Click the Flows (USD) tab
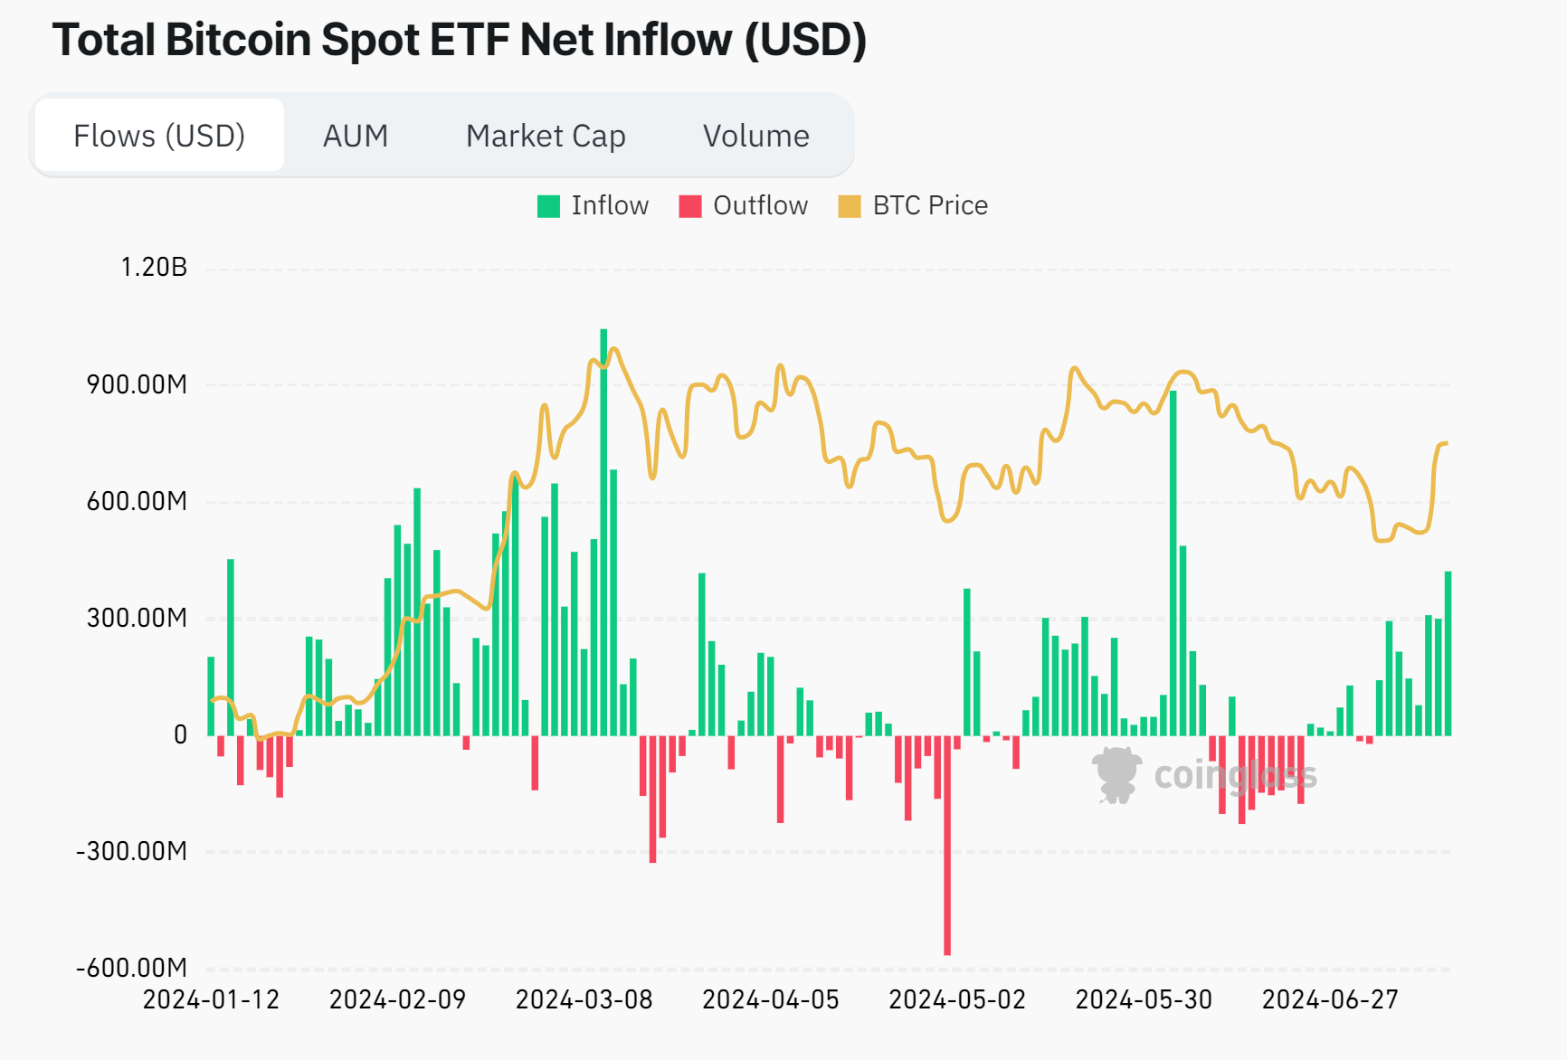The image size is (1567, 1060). click(x=159, y=136)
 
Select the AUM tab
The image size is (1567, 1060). click(x=356, y=136)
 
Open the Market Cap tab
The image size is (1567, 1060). click(x=546, y=136)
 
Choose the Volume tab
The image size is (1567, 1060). click(x=756, y=136)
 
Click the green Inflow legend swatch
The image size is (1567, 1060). click(x=548, y=206)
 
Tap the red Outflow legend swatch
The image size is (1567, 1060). click(x=690, y=206)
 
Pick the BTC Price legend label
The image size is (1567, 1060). click(x=930, y=206)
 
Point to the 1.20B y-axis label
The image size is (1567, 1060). click(x=154, y=267)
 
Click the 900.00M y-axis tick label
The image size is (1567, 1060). click(x=137, y=384)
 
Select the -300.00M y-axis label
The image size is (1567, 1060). click(x=132, y=851)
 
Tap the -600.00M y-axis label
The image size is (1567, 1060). click(x=132, y=968)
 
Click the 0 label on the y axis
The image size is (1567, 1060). click(x=180, y=734)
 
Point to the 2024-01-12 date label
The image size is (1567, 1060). click(x=211, y=999)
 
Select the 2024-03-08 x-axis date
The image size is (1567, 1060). click(x=584, y=999)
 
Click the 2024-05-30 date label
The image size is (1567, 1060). click(x=1144, y=999)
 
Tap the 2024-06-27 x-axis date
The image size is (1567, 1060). click(x=1330, y=999)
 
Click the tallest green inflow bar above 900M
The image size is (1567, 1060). click(x=603, y=534)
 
